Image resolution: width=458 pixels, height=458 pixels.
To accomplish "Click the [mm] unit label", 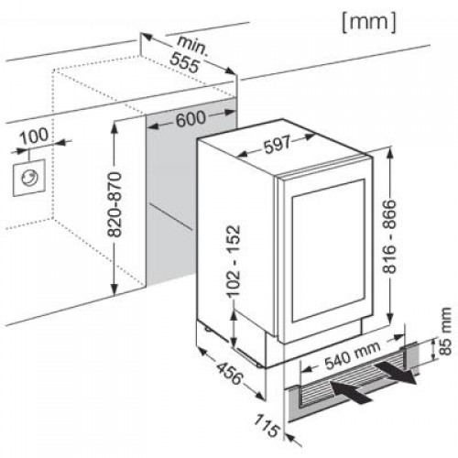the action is click(x=369, y=23).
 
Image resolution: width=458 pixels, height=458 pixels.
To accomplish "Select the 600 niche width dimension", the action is click(x=191, y=118).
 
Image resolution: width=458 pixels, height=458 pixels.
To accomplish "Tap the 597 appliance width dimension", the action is click(x=277, y=145).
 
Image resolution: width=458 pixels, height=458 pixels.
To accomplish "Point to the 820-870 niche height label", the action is click(x=115, y=205).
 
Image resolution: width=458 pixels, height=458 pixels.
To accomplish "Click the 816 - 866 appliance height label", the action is click(x=389, y=236).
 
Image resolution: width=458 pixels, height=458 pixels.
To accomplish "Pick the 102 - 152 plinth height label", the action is click(x=233, y=262).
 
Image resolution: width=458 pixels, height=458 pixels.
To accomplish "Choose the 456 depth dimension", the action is click(x=229, y=374).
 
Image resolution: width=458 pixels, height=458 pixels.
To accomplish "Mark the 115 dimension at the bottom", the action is click(x=267, y=425).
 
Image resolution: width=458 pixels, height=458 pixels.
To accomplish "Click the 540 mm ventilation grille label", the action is click(x=353, y=355).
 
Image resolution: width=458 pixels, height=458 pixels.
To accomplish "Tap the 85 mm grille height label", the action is click(x=445, y=332).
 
